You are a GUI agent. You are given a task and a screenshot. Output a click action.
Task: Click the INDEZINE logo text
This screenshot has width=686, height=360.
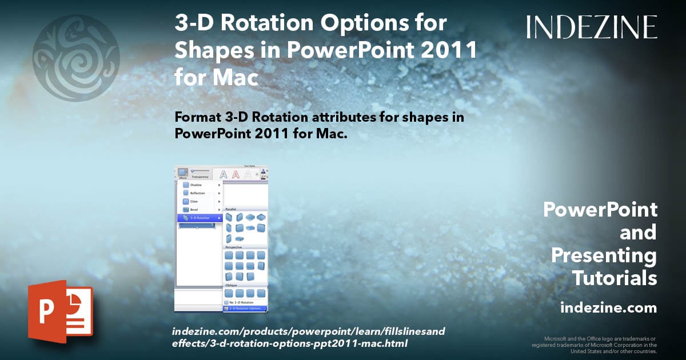point(592,27)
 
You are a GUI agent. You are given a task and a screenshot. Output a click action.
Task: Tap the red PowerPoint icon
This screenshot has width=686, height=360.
point(60,311)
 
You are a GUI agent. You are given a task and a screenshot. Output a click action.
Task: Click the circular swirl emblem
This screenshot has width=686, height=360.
point(76,58)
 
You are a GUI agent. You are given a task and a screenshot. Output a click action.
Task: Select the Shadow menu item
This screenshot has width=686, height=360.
point(196,185)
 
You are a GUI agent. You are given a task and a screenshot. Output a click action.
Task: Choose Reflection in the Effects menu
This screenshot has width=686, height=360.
point(197,193)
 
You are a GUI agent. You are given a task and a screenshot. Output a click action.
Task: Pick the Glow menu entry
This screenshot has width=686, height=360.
point(194,202)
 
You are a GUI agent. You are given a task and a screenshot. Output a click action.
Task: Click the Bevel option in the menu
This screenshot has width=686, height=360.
point(194,210)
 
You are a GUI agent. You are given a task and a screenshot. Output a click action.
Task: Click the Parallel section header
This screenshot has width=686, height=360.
point(231,209)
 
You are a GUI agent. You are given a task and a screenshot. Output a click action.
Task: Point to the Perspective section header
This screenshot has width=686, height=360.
point(234,247)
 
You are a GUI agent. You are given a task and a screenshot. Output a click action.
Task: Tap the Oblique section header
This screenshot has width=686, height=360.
point(232,285)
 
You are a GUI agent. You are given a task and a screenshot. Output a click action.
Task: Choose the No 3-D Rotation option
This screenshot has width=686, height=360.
point(240,302)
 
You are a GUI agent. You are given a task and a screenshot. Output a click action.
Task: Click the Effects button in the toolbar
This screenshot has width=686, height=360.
point(183,173)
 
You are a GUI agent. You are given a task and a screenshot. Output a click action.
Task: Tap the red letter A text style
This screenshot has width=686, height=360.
point(236,174)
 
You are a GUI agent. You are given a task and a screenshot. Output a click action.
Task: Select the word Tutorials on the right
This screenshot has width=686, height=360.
point(615,278)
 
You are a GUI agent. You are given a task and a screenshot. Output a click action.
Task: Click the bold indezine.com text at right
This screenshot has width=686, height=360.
point(608,308)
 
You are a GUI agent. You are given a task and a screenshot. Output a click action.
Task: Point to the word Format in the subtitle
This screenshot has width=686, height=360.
point(197,117)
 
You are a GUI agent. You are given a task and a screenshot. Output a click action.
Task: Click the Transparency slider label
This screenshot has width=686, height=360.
point(200,177)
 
